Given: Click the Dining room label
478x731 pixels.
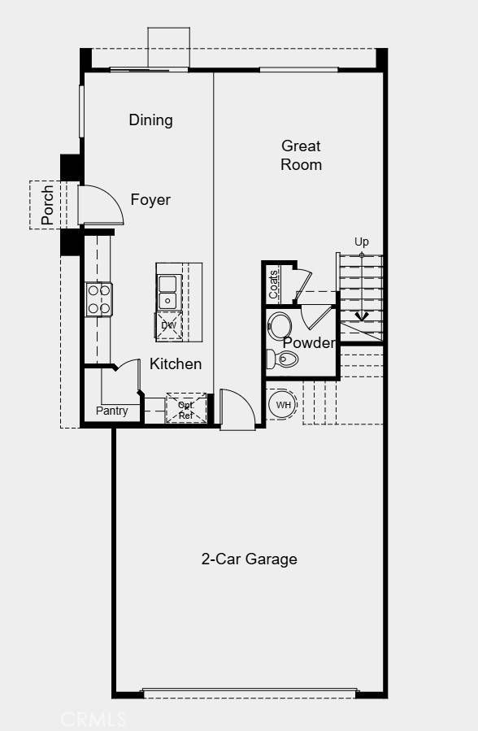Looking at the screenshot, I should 151,120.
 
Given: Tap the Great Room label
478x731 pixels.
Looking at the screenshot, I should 302,155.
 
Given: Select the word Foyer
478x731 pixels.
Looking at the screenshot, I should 151,200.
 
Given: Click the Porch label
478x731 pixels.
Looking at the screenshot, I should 47,205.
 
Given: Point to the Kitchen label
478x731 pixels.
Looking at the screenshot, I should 176,363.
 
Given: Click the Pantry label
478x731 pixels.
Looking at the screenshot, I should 112,411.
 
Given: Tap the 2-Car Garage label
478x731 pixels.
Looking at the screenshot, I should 250,559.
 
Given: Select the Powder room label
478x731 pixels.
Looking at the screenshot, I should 309,343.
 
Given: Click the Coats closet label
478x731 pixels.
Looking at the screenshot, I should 273,284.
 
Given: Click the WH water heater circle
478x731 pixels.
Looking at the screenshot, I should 283,405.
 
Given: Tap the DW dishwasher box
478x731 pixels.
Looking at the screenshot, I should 169,325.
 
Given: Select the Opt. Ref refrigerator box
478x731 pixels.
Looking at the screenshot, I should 185,409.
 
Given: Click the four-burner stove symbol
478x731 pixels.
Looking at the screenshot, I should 99,298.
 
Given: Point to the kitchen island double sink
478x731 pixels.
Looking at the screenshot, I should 168,292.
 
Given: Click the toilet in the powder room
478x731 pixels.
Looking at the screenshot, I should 284,359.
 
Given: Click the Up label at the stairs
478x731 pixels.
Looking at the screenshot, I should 362,242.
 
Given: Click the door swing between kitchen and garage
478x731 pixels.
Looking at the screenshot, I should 237,409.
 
